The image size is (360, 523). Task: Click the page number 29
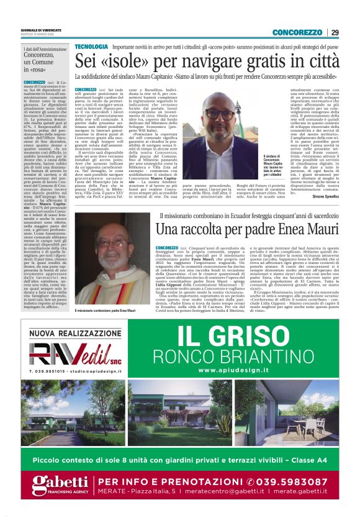335,32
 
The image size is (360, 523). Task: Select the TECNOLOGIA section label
91,47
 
